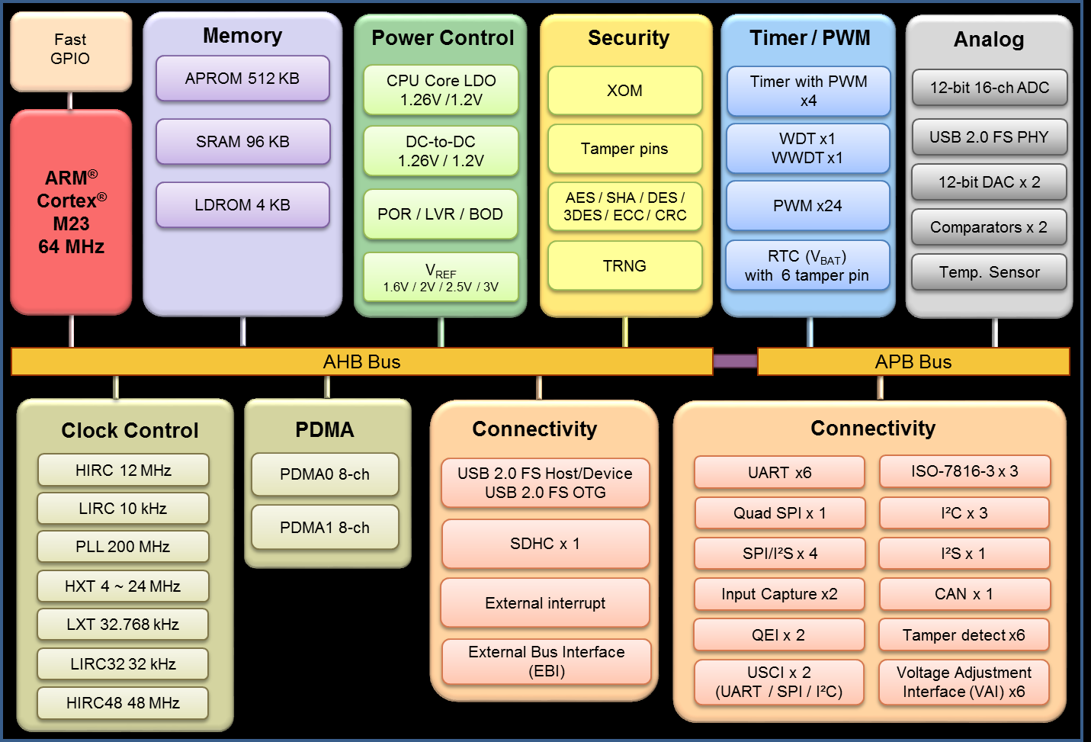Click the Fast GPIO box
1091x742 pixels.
point(70,50)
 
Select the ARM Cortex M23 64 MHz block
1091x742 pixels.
point(71,212)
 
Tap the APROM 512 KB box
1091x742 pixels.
point(242,79)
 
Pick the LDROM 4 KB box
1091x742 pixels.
point(242,205)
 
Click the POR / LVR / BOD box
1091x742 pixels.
point(441,214)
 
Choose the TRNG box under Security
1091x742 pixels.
point(624,266)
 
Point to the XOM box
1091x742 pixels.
point(624,91)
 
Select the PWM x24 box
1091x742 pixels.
point(807,206)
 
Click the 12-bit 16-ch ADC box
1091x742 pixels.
point(989,88)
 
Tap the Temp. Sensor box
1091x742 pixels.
point(989,272)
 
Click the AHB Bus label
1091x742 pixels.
point(361,361)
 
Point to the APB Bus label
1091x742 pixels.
point(913,361)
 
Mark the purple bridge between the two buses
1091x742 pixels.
point(735,361)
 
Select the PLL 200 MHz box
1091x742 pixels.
point(123,547)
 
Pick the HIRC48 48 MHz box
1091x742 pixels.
point(123,703)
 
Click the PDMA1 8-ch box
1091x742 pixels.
point(325,528)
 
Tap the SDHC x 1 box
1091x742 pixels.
point(545,544)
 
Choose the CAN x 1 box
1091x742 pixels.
point(964,594)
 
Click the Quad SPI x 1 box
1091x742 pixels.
point(779,513)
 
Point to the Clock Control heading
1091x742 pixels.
point(130,431)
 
